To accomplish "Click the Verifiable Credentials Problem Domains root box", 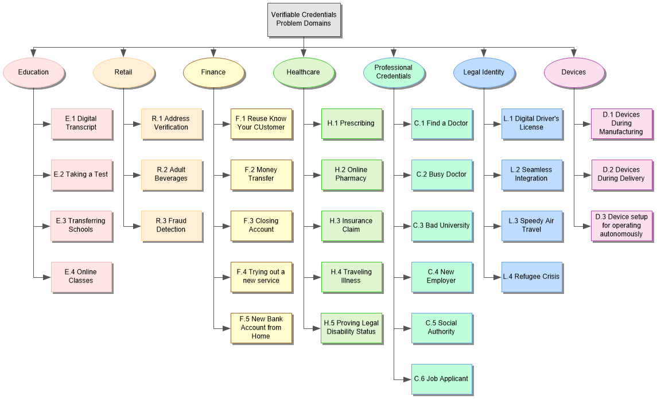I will pos(304,20).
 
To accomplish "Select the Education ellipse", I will pos(33,72).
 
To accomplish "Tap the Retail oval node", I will pos(123,72).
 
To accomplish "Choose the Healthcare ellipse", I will pos(303,72).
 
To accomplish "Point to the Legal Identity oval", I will pos(484,72).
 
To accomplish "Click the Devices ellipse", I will pos(574,72).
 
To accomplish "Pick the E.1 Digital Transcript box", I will pos(81,123).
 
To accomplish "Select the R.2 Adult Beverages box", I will pos(171,175).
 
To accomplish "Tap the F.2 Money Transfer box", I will pos(261,175).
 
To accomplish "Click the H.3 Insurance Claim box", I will pos(351,226).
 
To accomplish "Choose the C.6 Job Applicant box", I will pos(441,379).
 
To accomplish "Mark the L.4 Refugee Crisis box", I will pos(531,277).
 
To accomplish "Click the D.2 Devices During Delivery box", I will pos(621,175).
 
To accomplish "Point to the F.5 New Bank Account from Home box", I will pos(261,328).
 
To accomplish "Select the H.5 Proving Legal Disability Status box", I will pos(351,328).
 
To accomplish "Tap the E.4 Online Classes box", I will pos(81,277).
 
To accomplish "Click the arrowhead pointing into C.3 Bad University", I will pos(407,226).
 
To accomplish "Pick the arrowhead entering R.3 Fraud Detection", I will pos(137,226).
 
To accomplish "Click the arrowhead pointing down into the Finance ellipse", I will pos(213,55).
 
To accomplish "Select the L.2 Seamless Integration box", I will pos(531,175).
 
